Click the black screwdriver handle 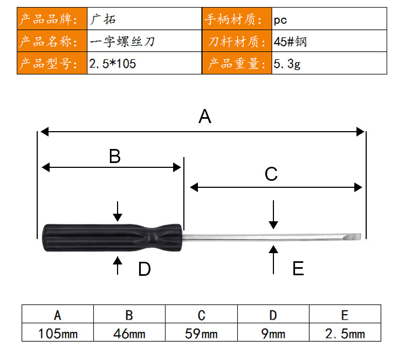112,238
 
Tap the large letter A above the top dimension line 205,116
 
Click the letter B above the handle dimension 115,156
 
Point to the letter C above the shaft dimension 271,174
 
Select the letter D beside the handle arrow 145,269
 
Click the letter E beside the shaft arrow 298,268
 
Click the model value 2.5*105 113,64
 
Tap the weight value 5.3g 287,64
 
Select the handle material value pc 280,20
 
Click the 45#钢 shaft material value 290,42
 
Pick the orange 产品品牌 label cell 52,18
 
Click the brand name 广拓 102,19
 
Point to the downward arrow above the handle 118,212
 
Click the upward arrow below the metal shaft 273,260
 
